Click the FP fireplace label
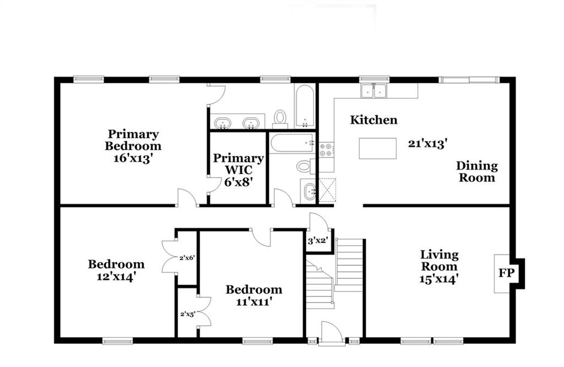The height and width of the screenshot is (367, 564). (506, 273)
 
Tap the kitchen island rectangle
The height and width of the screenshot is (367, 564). (378, 148)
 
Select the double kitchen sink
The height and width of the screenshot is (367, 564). (374, 90)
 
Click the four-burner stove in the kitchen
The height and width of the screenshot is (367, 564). (327, 149)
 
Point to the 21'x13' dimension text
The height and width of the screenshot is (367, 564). (427, 144)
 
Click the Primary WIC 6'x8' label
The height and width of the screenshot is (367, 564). (238, 170)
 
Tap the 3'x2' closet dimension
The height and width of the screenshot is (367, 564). (317, 240)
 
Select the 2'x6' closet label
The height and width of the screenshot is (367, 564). (187, 258)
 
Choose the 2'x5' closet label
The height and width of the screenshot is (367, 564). (188, 314)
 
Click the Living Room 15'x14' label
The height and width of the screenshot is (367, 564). (439, 267)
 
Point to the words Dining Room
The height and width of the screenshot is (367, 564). (477, 171)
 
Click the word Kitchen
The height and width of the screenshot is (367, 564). (374, 120)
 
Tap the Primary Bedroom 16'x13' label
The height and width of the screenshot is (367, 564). (133, 146)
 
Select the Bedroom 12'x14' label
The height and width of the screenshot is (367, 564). (116, 270)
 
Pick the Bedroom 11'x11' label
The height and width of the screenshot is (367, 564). (253, 295)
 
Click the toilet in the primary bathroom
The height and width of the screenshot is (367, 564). (280, 119)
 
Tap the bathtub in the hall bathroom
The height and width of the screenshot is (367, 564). (292, 143)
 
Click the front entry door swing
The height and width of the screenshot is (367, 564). (331, 332)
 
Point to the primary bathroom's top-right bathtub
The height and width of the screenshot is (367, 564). (305, 106)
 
